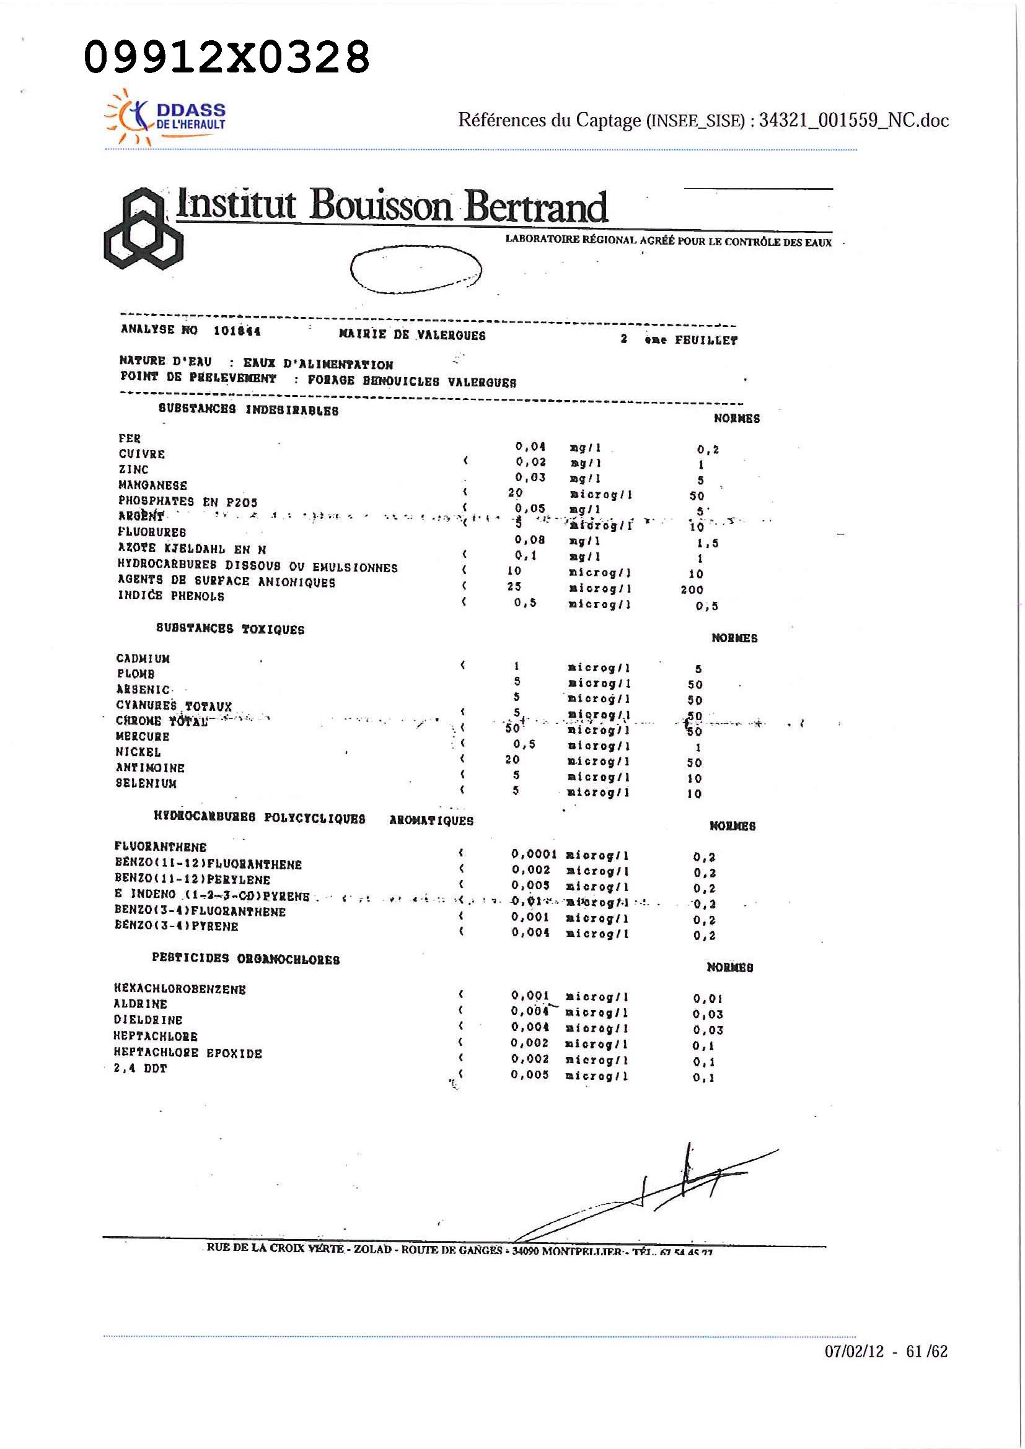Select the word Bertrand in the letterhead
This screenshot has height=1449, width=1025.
coord(535,206)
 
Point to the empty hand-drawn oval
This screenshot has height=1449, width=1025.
coord(416,269)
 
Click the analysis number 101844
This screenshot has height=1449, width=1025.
coord(237,331)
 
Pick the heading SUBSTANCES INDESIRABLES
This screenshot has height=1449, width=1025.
coord(249,410)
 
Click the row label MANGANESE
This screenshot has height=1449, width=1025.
coord(153,485)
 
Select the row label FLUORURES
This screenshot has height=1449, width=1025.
coord(152,532)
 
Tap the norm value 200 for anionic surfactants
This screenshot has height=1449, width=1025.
coord(692,590)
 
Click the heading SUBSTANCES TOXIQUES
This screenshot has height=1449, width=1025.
coord(230,629)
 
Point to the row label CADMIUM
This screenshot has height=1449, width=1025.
coord(143,659)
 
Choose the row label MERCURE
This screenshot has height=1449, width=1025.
coord(143,736)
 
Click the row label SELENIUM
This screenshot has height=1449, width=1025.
coord(146,783)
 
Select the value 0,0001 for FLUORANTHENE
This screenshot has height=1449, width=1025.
coord(534,855)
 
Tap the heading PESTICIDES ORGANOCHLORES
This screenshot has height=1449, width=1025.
coord(245,959)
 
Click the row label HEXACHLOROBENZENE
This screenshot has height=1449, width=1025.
coord(180,989)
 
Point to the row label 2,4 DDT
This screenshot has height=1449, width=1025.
coord(140,1068)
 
